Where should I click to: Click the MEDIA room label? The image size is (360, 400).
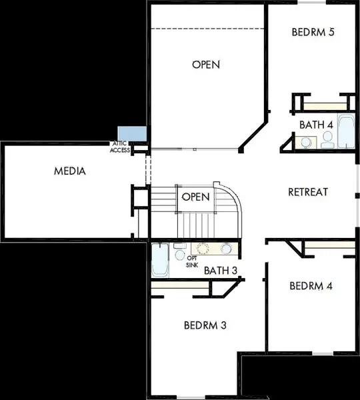(70, 171)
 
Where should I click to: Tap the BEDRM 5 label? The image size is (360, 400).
(313, 32)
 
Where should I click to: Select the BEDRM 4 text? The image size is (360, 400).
(311, 286)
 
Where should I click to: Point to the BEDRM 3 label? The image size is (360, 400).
(205, 325)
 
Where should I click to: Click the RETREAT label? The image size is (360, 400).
(308, 192)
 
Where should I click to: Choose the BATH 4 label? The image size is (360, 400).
(316, 125)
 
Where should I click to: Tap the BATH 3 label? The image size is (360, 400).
(221, 271)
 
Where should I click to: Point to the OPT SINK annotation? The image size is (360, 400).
(192, 261)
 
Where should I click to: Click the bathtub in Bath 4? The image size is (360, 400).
(347, 131)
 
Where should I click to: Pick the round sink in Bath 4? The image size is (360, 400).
(306, 142)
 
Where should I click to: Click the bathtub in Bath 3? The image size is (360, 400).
(160, 261)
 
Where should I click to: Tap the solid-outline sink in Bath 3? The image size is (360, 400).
(226, 249)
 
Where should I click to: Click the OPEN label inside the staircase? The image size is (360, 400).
(195, 197)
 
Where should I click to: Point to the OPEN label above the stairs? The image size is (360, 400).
(206, 65)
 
